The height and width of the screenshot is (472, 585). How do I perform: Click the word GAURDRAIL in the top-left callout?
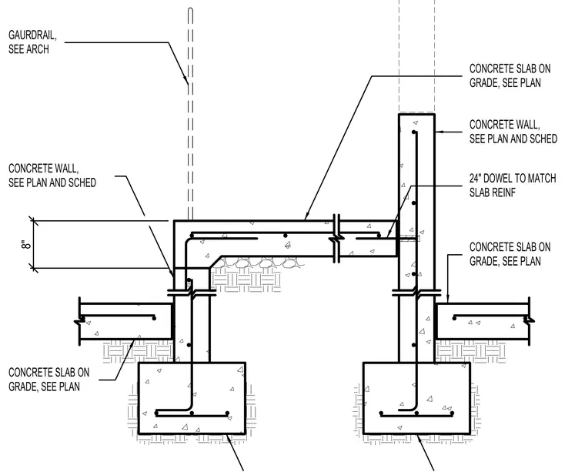click(32, 35)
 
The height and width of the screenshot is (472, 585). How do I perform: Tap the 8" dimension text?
click(25, 245)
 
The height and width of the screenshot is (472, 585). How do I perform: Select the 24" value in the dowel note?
click(476, 179)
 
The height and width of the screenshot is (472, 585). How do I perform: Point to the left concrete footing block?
click(192, 398)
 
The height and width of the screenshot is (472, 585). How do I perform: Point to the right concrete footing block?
click(416, 398)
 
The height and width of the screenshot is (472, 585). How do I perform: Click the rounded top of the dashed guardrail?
click(190, 10)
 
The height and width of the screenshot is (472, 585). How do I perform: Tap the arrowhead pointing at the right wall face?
click(439, 132)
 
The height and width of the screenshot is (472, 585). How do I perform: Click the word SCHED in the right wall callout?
click(543, 139)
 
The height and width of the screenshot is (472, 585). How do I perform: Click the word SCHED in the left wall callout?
click(82, 182)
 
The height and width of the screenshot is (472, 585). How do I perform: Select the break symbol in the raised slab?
click(336, 238)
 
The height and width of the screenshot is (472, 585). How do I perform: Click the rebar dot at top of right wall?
click(414, 132)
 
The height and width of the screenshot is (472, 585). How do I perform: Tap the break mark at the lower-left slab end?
click(79, 320)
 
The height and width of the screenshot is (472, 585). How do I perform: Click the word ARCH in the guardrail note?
click(38, 49)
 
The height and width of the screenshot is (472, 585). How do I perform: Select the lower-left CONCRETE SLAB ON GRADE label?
click(48, 379)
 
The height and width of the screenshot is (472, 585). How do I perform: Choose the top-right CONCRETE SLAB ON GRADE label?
click(510, 75)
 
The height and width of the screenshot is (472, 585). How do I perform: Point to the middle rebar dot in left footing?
click(192, 413)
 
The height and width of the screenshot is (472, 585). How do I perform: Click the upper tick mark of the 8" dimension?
click(34, 222)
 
